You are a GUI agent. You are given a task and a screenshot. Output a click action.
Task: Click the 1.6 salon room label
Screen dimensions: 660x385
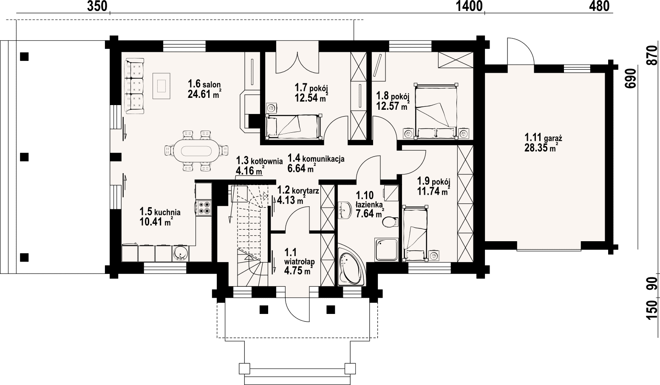tap(204, 84)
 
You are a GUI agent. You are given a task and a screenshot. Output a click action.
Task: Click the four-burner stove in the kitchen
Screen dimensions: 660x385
tap(204, 207)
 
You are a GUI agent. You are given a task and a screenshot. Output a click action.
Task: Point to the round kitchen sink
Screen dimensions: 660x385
tap(180, 254)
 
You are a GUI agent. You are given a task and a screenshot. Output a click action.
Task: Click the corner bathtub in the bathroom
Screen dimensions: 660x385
tap(351, 264)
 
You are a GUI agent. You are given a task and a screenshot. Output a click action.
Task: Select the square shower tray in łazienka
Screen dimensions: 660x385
tap(386, 250)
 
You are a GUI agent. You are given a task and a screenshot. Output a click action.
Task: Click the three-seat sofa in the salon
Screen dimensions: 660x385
tap(135, 86)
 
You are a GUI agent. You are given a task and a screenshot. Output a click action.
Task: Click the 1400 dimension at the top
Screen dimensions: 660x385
tap(469, 6)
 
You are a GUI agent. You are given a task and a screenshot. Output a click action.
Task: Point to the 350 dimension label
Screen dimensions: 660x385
tap(97, 6)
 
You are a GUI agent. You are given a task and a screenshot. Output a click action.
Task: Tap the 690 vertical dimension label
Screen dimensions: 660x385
tap(630, 78)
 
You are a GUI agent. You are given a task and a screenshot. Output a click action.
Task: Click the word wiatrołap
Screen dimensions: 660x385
tap(299, 262)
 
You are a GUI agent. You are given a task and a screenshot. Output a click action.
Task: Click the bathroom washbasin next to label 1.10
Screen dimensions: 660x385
tap(344, 210)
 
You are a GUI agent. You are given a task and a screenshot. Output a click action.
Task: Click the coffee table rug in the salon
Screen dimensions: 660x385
tap(161, 86)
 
